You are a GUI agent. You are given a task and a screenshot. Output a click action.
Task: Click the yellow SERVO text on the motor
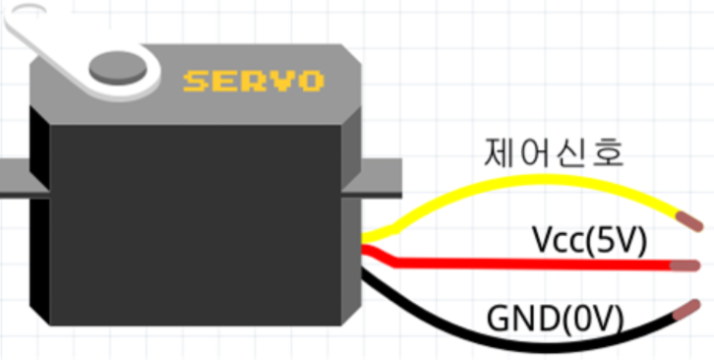[x=254, y=81]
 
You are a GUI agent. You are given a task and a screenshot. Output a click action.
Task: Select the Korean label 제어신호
[x=554, y=153]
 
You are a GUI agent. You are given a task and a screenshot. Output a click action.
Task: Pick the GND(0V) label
[x=555, y=318]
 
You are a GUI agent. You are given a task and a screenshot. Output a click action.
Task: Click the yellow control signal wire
[x=537, y=179]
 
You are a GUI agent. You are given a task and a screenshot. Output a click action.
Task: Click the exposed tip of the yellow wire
[x=689, y=221]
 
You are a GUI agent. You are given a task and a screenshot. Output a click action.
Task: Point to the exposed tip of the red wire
[x=685, y=266]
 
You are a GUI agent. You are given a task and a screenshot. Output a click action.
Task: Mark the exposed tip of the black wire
[x=686, y=309]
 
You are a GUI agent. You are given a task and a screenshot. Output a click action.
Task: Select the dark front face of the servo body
[x=196, y=225]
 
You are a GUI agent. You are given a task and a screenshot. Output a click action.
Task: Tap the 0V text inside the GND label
[x=591, y=318]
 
